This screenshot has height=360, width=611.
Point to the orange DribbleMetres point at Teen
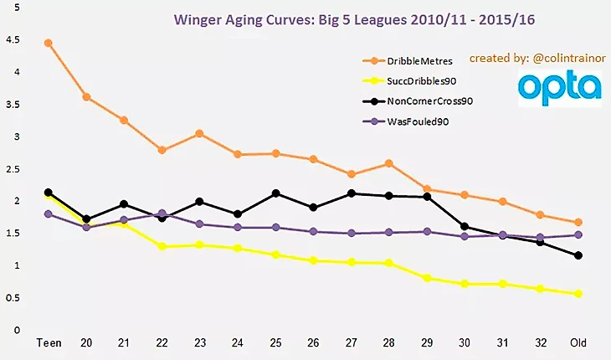coord(49,43)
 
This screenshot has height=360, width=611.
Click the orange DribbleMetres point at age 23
coord(200,133)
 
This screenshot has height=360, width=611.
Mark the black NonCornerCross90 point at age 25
coord(276,193)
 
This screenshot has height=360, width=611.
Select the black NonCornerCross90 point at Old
coord(578,255)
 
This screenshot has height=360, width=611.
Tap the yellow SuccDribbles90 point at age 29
coord(427,278)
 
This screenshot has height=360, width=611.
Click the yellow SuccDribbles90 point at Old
coord(578,294)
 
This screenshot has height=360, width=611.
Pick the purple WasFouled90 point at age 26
coord(314,232)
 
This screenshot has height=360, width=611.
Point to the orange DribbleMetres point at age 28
coord(389,163)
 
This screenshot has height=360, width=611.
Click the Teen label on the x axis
coord(49,343)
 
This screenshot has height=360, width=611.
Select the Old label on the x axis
coord(578,343)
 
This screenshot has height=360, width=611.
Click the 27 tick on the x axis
coord(352,343)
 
